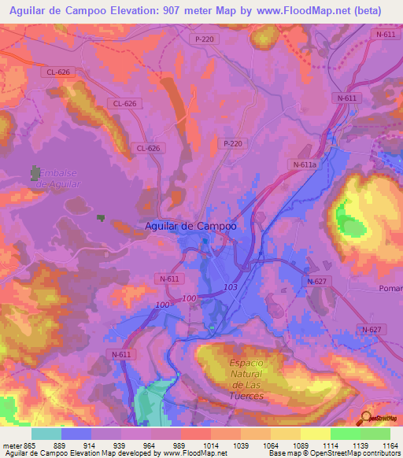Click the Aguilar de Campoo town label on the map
(191, 226)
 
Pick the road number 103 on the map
(231, 288)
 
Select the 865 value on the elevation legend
(17, 445)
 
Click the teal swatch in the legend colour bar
(46, 434)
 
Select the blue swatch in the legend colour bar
(76, 434)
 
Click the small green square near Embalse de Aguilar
(100, 218)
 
